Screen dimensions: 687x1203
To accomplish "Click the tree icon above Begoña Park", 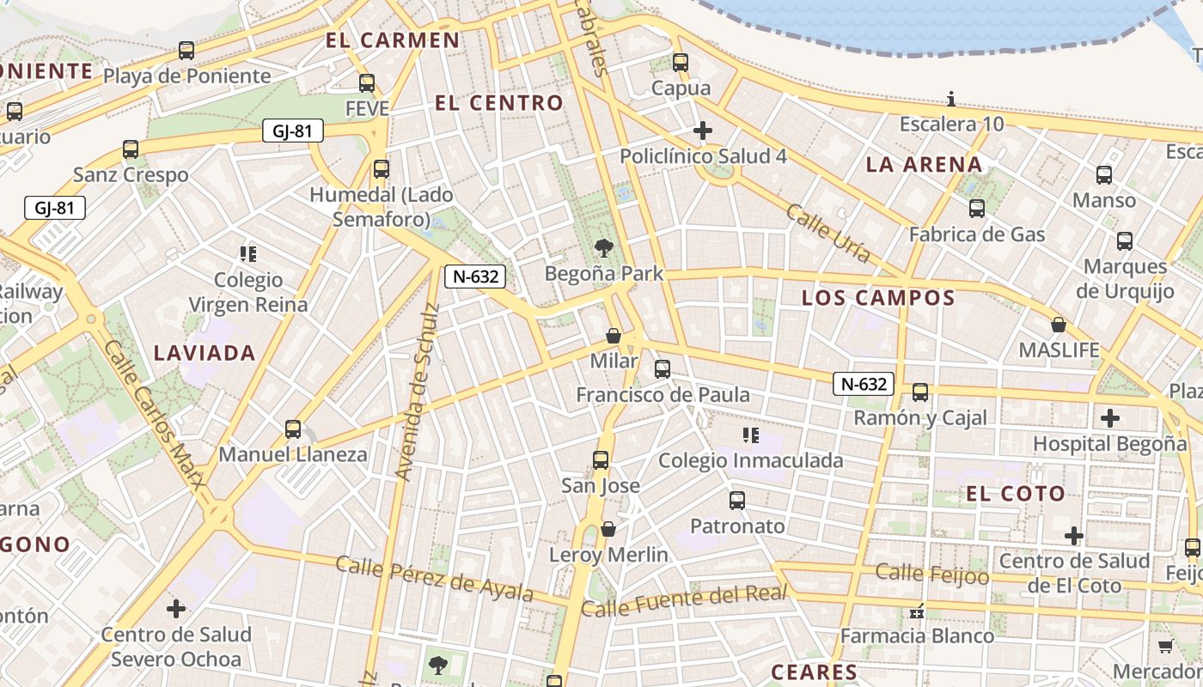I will click(x=604, y=249).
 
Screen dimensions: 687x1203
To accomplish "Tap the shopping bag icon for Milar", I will click(x=614, y=336).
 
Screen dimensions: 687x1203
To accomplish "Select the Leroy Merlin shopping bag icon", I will click(x=608, y=529).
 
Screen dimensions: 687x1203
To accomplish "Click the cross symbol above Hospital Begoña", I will click(x=1110, y=418).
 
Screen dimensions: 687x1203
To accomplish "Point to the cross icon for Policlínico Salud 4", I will click(x=703, y=131).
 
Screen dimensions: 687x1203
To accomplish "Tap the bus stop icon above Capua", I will click(x=681, y=63).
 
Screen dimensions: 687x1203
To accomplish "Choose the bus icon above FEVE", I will click(x=367, y=83).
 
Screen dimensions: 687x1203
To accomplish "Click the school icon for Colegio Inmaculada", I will click(x=751, y=435).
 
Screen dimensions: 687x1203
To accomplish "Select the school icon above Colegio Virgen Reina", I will click(x=248, y=254).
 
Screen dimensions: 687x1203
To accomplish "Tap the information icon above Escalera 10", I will click(x=951, y=99).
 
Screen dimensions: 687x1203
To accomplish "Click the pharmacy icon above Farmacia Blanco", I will click(x=917, y=611).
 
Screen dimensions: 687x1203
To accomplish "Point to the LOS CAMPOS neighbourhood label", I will click(x=878, y=298).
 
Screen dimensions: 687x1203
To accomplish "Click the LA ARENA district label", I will click(x=924, y=164).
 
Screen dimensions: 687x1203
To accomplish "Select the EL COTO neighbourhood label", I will click(x=1016, y=494).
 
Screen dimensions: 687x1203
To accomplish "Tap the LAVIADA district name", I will click(x=205, y=353).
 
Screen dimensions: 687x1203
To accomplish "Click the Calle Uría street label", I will click(x=828, y=233).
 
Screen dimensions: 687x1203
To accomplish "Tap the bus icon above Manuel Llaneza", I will click(x=293, y=429).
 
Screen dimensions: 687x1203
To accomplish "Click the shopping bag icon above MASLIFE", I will click(x=1059, y=325).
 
